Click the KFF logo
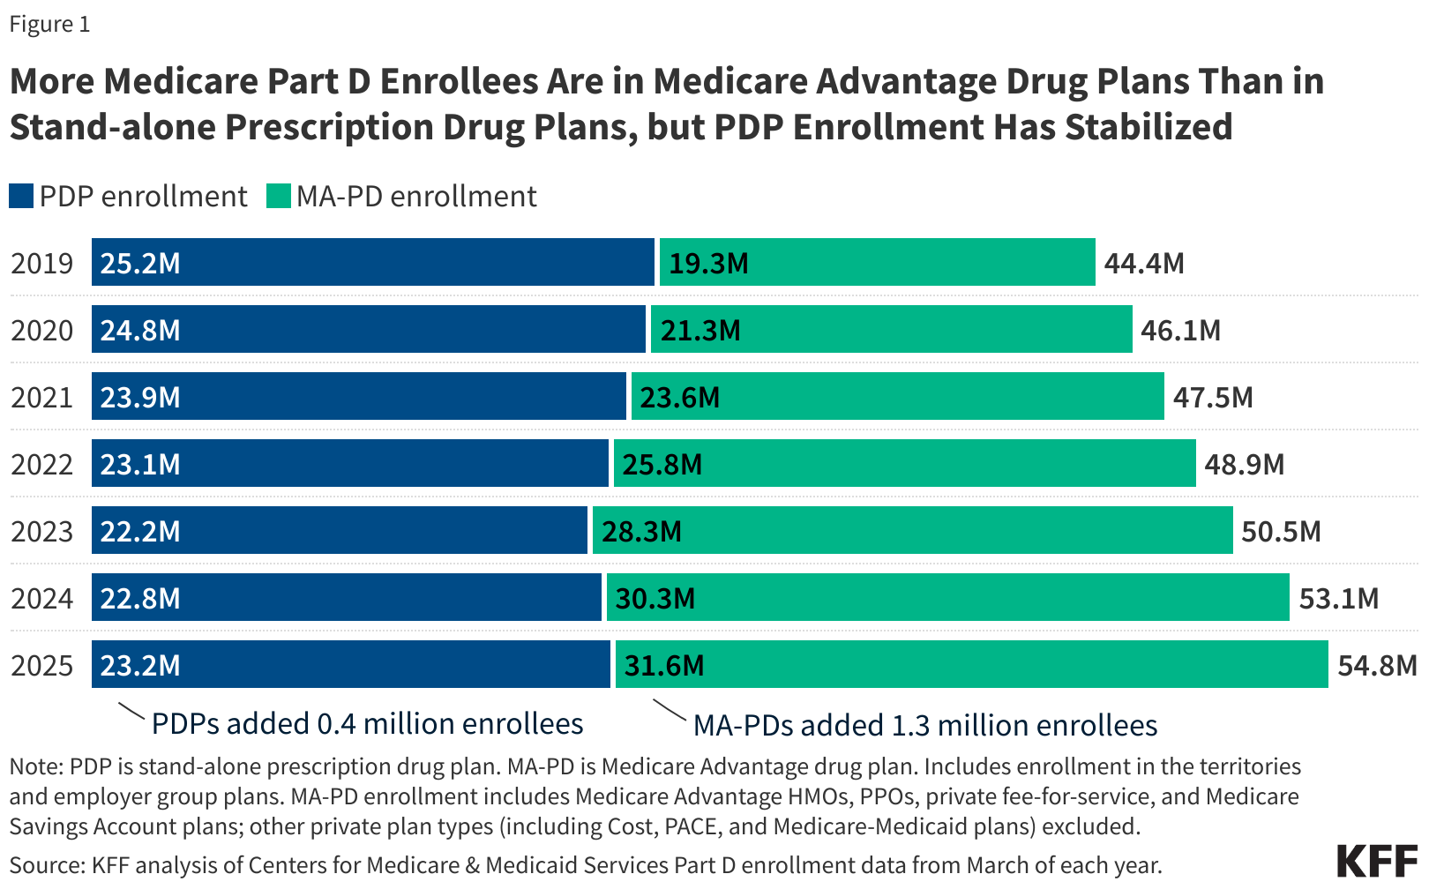tap(1377, 862)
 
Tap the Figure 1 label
tap(49, 25)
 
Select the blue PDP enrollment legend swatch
tap(21, 196)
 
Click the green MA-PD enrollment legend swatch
tap(279, 196)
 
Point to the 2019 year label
tap(42, 263)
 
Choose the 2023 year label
tap(42, 531)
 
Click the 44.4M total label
tap(1144, 263)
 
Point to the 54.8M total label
tap(1377, 665)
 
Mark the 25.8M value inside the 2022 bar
tap(662, 464)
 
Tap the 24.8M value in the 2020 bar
tap(140, 330)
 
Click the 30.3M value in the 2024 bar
tap(655, 598)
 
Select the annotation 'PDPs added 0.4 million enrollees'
tap(367, 723)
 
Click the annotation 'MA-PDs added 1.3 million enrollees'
tap(925, 725)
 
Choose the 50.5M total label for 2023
tap(1281, 531)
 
